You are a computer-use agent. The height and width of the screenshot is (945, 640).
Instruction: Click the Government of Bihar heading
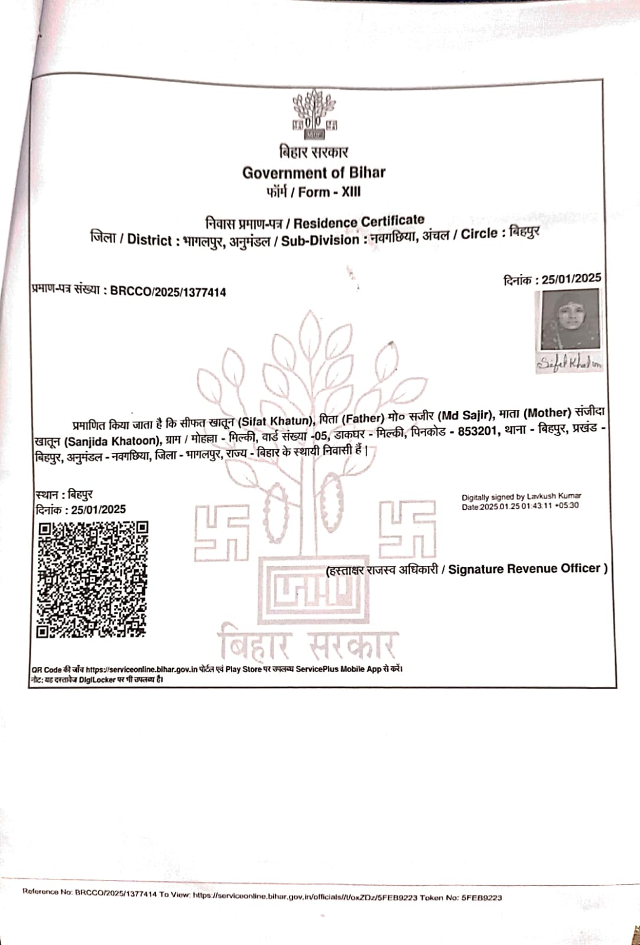[313, 172]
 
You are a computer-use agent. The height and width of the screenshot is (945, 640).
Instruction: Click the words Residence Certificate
[359, 222]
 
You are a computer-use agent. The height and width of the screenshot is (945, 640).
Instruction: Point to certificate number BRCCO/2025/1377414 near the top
[168, 292]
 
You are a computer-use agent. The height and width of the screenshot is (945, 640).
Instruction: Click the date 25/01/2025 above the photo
[571, 279]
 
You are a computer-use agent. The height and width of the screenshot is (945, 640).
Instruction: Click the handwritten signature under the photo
[569, 364]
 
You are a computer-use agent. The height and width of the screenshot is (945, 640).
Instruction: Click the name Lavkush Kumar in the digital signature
[554, 496]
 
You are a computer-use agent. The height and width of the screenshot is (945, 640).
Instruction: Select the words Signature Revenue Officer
[525, 569]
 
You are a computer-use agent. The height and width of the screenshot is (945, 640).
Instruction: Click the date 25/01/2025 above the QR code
[98, 510]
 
